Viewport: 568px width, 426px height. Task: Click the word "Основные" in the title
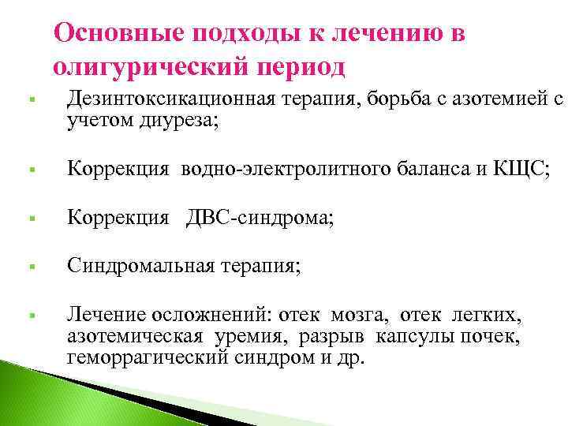tap(113, 33)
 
